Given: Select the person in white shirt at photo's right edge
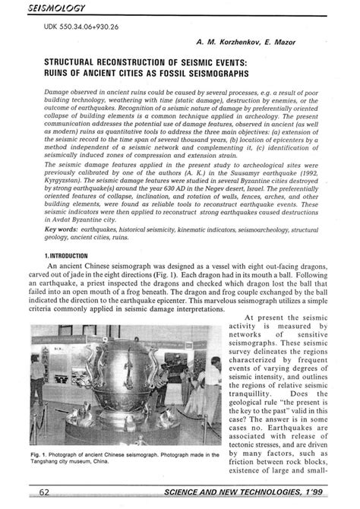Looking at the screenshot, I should [x=206, y=403].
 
